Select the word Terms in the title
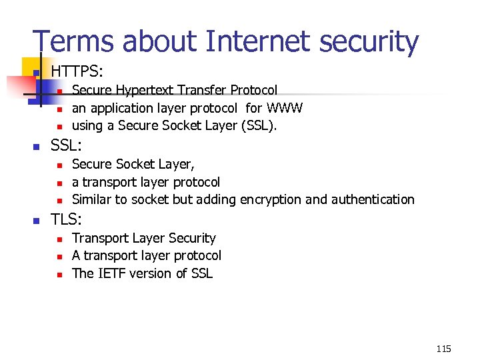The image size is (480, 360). [x=70, y=41]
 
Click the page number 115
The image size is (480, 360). [x=443, y=349]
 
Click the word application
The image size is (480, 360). [x=121, y=107]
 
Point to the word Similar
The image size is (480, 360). [x=94, y=199]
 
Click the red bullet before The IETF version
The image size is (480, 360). [x=59, y=274]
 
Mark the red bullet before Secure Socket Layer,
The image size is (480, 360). [x=59, y=165]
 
